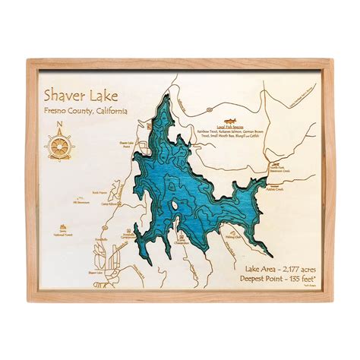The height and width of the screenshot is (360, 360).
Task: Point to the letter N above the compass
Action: point(58,126)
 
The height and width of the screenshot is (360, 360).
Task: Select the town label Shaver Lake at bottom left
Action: point(94,273)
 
